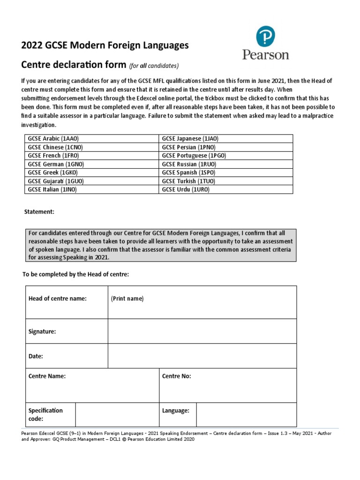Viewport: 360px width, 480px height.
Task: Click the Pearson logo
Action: coord(265,43)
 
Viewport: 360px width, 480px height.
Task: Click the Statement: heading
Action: coord(39,212)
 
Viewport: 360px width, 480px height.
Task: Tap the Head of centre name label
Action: coord(58,299)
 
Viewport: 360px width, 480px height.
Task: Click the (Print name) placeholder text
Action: coord(127,299)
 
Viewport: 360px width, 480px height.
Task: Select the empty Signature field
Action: coord(202,331)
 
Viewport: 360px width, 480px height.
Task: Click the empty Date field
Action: coord(202,356)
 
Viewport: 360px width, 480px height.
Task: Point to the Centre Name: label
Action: coord(47,376)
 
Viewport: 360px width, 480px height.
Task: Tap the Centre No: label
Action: coord(177,376)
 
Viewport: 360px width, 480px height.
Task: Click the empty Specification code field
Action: coord(117,414)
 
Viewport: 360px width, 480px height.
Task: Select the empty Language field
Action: coord(246,414)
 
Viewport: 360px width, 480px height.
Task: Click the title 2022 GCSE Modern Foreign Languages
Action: coord(105,45)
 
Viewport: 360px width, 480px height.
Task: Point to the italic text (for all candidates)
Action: coord(154,65)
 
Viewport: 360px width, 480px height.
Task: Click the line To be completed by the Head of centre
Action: coord(75,274)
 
